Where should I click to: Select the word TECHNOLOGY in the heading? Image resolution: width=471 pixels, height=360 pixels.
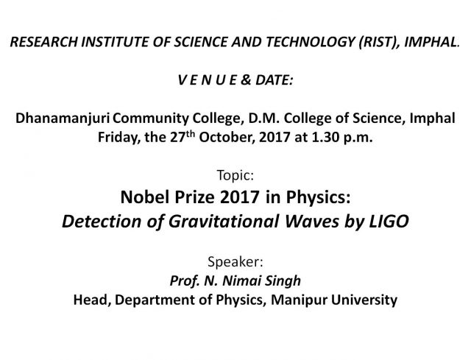tap(310, 42)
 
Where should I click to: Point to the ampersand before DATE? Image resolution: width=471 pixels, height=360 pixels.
tap(246, 80)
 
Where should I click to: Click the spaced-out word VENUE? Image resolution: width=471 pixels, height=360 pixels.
tap(208, 80)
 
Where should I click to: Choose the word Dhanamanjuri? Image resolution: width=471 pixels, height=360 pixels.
tap(63, 119)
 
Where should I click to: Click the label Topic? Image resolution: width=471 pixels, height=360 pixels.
tap(235, 175)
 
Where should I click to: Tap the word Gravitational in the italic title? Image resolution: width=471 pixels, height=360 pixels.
tap(224, 221)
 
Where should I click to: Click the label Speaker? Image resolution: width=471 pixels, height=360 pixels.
tap(235, 262)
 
